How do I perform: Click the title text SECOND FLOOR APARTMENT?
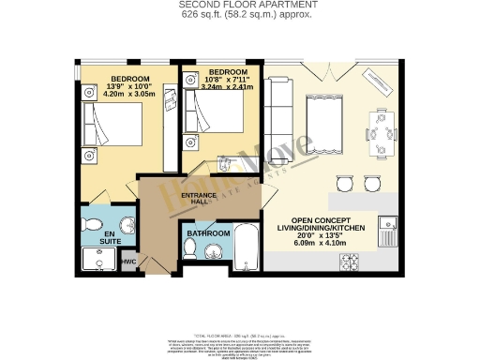point(239,6)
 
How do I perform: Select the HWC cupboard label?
point(127,262)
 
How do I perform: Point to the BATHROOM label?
point(207,232)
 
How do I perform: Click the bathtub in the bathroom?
point(247,247)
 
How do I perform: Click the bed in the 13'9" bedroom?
point(115,127)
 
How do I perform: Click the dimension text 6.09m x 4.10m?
point(320,242)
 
